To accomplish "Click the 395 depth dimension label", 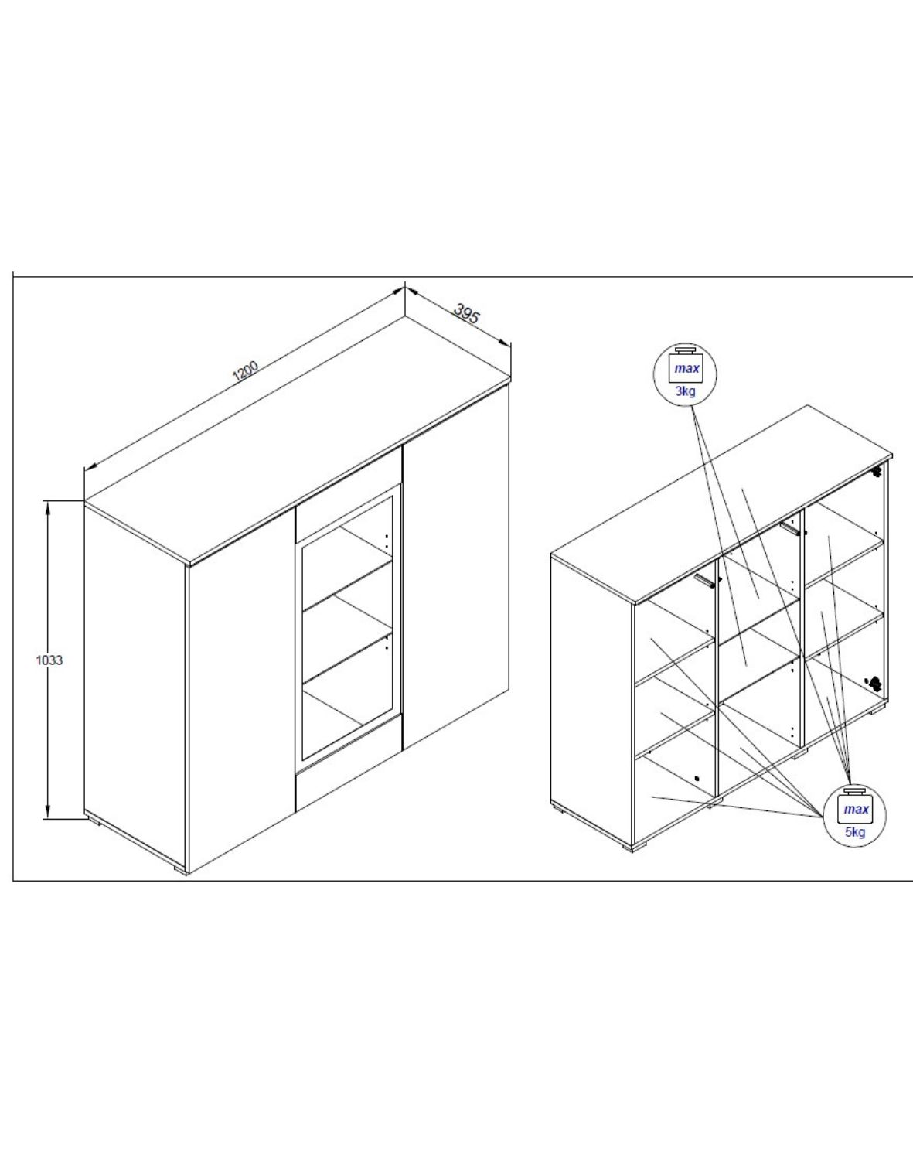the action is [466, 313].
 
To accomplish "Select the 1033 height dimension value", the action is [49, 660].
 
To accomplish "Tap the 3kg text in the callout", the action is [685, 391].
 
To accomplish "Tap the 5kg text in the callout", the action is [855, 832].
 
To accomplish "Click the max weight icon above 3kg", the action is [686, 367].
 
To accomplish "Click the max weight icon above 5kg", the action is [856, 807].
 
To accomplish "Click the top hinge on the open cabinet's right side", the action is [877, 471].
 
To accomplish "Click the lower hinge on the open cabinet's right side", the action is [874, 683].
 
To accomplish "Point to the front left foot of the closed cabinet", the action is [179, 870].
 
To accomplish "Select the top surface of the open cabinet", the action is [719, 503].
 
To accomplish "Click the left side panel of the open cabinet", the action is [591, 696].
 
